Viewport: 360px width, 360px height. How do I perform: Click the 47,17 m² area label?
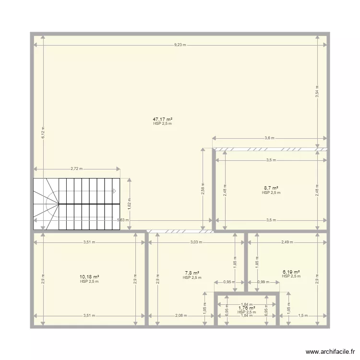click(162, 119)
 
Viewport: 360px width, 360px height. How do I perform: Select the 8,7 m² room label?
click(271, 188)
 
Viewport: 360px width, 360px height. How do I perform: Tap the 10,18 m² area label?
click(89, 277)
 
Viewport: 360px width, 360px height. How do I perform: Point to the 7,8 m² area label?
click(192, 273)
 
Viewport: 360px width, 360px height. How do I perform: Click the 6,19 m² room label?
click(291, 272)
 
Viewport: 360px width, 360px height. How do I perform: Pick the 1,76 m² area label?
click(247, 308)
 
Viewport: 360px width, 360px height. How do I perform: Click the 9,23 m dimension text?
click(180, 45)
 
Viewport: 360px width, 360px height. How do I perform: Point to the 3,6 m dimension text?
click(269, 138)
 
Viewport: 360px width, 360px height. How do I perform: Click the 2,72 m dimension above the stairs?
click(76, 169)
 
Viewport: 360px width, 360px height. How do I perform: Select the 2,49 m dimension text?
click(287, 242)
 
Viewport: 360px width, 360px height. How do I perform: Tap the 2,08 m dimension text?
click(181, 316)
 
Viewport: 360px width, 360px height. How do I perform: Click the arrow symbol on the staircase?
click(114, 191)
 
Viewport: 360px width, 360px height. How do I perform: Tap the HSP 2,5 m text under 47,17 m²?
click(162, 124)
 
